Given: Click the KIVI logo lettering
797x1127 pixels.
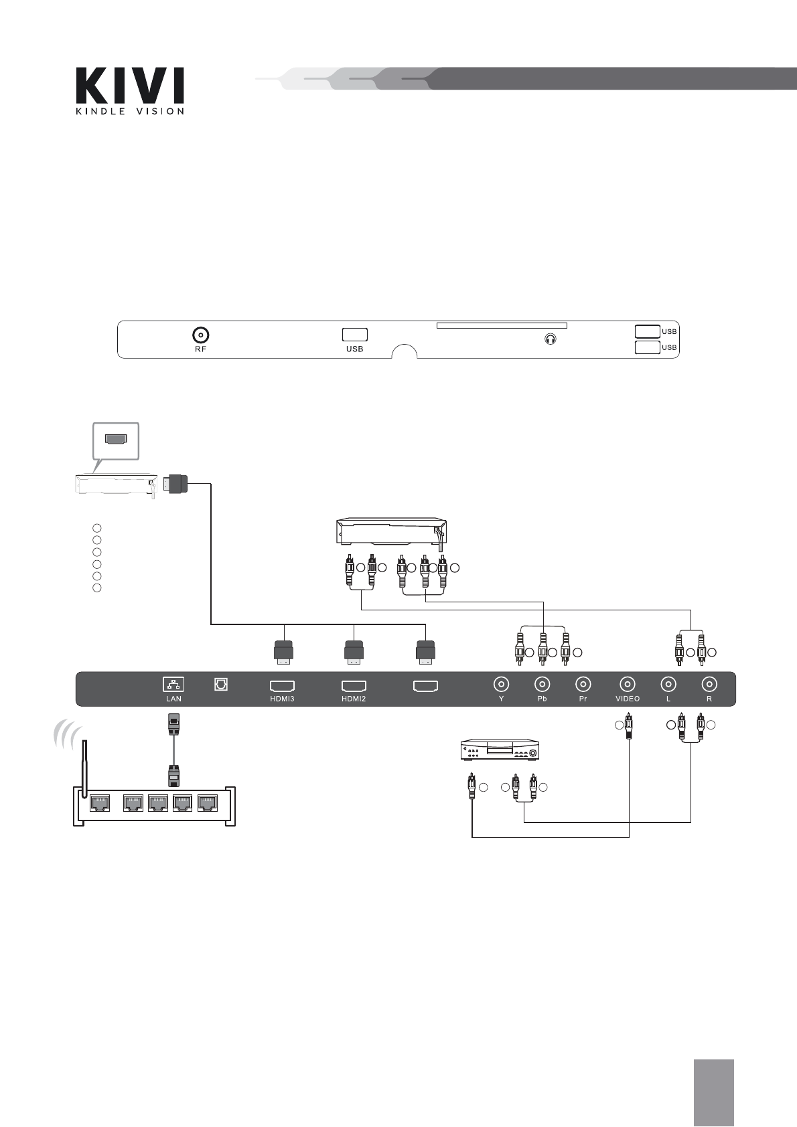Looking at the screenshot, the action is pos(130,86).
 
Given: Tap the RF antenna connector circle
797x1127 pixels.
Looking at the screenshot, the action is pos(201,335).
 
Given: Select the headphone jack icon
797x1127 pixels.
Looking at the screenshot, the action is pos(551,339).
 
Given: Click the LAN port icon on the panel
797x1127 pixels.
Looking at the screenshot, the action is pos(173,684).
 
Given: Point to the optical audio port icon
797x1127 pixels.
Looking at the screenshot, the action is pos(221,684).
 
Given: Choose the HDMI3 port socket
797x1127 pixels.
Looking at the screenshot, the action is pos(283,686).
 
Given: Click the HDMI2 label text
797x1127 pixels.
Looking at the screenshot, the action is pos(354,699).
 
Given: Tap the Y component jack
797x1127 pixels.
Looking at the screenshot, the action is pos(501,684).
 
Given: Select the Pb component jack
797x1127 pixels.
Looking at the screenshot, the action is pos(542,684).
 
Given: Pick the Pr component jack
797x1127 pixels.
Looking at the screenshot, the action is pos(583,684).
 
